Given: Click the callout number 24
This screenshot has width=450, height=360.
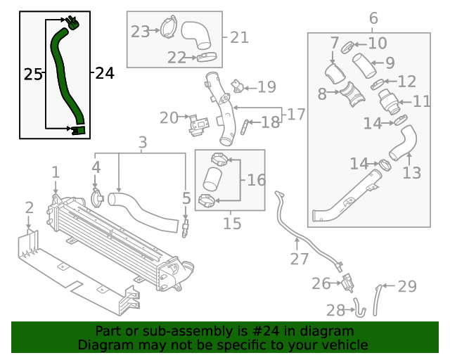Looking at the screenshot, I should pos(103,72).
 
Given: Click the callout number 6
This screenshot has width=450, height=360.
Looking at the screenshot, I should pos(373,18).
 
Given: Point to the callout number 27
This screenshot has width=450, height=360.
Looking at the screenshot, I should pos(300,259).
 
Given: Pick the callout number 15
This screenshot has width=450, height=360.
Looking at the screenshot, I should pos(231,224).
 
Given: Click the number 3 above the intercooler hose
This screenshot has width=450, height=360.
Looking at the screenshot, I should pos(142,143).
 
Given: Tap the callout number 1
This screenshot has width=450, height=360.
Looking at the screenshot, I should pos(56,172).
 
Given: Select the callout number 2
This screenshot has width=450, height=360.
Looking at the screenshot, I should pos(29,207).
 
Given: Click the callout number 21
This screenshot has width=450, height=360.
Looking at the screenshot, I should pos(239,37).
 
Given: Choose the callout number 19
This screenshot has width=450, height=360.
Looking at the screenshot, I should pos(266,87).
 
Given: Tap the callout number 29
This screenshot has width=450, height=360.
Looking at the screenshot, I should pos(407,286).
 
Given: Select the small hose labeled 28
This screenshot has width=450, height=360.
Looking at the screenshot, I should pos(359,307).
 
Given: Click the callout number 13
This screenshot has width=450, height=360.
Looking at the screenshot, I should pos(411,173).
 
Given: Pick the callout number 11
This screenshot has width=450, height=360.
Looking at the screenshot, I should pos(421,101).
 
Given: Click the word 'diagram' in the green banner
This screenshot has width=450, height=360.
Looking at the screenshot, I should pos(330,331).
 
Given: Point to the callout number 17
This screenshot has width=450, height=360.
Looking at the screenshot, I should pos(296,113).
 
